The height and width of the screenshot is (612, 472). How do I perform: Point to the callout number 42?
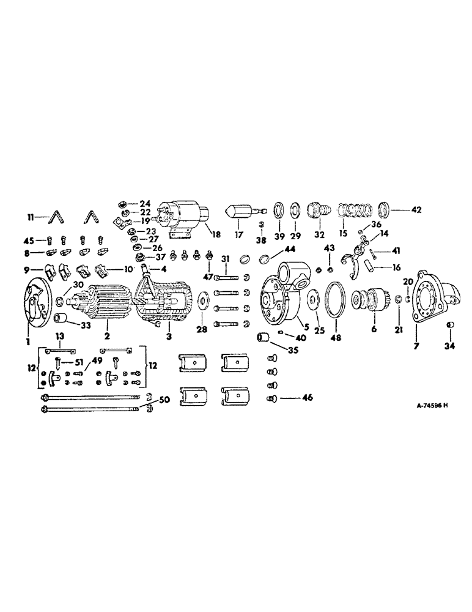tap(416, 209)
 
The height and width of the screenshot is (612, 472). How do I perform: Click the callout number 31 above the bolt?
tap(225, 259)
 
